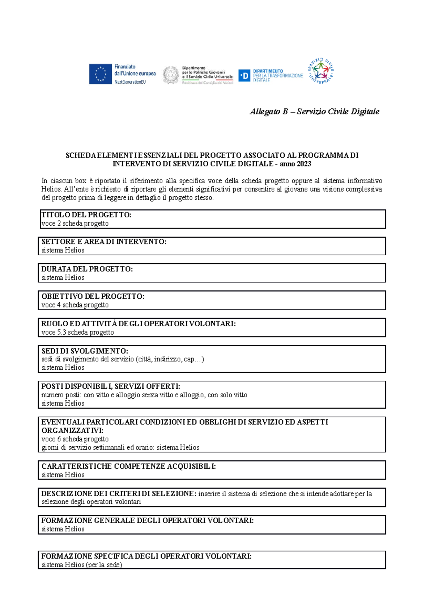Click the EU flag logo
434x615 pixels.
(x=100, y=74)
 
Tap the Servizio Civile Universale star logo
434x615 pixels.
(x=320, y=70)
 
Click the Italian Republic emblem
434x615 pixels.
(x=171, y=75)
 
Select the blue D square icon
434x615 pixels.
(x=244, y=76)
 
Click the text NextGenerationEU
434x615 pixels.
(x=130, y=82)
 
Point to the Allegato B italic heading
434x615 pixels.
(x=314, y=112)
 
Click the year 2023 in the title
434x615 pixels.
(x=304, y=164)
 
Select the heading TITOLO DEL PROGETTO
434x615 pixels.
(x=86, y=215)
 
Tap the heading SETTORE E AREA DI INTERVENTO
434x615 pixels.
(x=104, y=242)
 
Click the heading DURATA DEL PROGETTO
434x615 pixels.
(x=87, y=269)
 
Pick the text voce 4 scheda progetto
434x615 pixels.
(x=75, y=305)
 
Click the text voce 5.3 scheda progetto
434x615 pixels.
(x=77, y=332)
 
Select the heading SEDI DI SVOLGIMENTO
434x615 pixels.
(x=85, y=351)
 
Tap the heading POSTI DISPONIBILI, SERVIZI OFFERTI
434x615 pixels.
(x=110, y=386)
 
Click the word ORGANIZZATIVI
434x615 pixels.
(x=72, y=431)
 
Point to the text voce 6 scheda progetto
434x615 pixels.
(x=75, y=439)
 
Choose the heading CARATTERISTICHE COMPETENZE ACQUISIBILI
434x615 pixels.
(x=128, y=467)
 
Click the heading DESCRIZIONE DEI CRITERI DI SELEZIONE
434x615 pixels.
(x=119, y=494)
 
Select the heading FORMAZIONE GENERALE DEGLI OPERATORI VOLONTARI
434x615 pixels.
(x=147, y=520)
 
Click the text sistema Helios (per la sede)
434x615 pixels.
(x=82, y=565)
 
